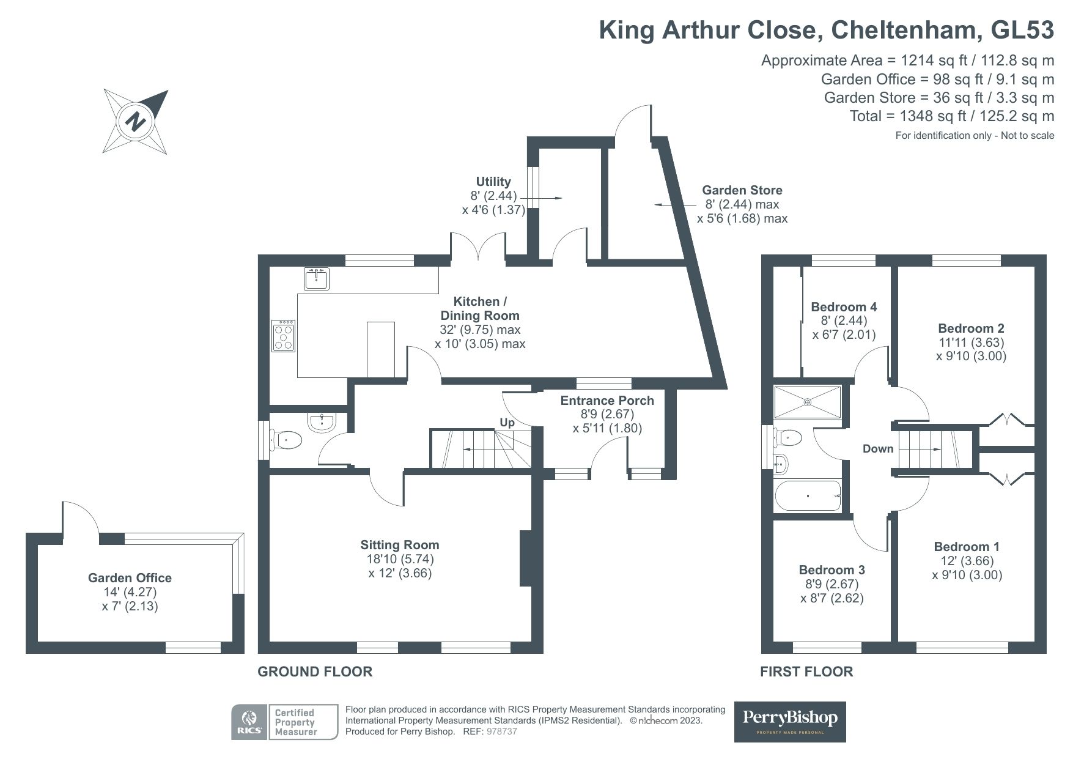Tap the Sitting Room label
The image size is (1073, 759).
399,545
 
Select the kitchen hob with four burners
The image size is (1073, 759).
284,336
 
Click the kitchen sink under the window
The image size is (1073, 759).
317,279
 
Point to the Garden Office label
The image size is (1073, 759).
130,578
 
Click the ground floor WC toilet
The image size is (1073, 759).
289,440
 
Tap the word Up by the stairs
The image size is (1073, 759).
507,423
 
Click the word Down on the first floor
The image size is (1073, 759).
878,449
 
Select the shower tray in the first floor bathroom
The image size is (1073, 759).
808,402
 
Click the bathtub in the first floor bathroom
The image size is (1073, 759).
808,495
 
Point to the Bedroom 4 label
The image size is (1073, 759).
844,307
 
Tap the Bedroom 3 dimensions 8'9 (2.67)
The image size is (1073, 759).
832,584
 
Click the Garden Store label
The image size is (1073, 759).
742,190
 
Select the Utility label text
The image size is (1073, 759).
493,182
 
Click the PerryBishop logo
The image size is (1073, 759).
789,721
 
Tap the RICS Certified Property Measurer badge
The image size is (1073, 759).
284,722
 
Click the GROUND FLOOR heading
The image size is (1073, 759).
315,672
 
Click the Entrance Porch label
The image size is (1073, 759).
607,401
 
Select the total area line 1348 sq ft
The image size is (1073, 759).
951,116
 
